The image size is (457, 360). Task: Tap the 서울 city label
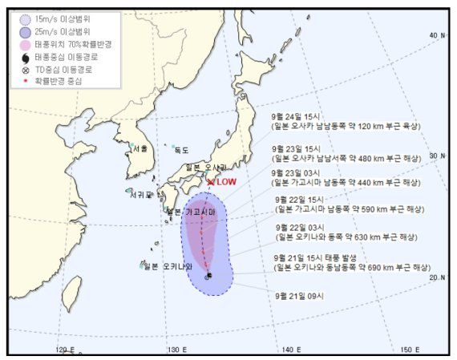[140, 148]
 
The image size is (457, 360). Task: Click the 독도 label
[182, 150]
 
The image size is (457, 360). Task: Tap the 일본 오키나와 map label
[167, 265]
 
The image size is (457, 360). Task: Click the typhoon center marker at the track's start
[208, 276]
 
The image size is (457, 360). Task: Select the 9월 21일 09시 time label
[299, 295]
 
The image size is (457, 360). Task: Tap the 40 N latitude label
[436, 35]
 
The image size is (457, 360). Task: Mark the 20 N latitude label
[436, 277]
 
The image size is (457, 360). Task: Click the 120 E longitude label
[67, 350]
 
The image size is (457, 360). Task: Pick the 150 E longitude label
[410, 350]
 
